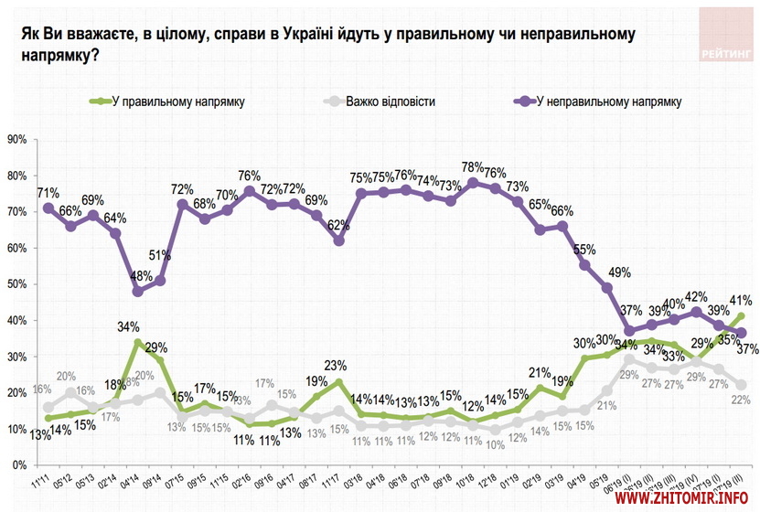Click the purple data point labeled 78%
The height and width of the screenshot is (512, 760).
(473, 182)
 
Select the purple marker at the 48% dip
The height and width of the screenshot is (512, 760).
(137, 292)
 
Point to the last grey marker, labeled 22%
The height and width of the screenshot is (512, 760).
(741, 385)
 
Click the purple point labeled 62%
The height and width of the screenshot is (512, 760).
(338, 240)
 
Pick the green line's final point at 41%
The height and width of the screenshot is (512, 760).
(741, 316)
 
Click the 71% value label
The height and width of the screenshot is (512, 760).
(48, 193)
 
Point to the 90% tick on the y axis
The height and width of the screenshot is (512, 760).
(17, 140)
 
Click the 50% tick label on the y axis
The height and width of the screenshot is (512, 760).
(17, 284)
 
